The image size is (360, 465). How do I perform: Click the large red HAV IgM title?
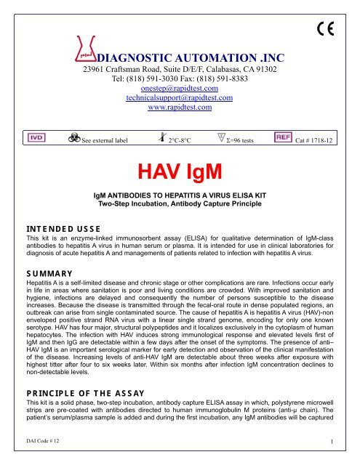pos(179,173)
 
